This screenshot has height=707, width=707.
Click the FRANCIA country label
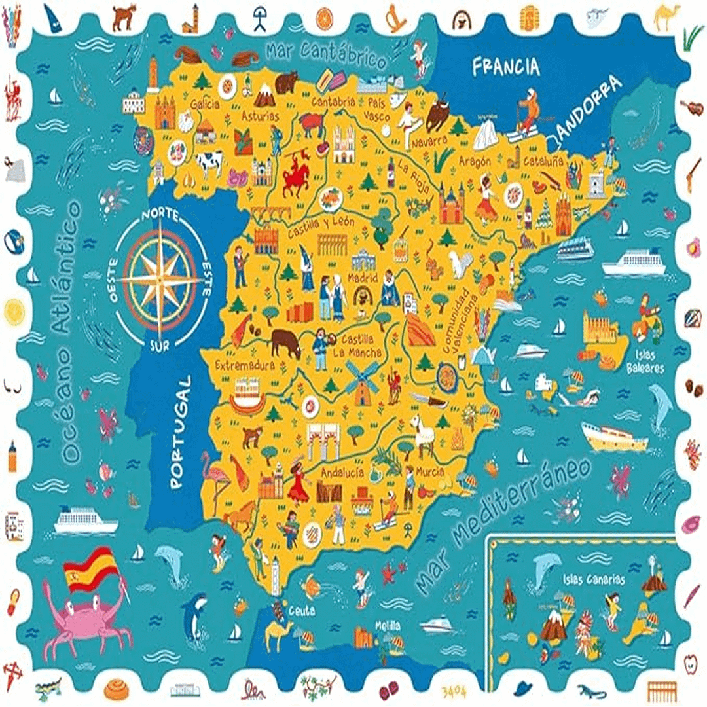coord(506,66)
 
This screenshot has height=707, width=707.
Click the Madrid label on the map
coord(363,278)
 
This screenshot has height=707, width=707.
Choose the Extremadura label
coord(244,365)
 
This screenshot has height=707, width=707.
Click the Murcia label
coord(429,471)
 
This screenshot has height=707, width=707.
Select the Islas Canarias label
coord(593,579)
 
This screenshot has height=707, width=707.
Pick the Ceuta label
coord(301,611)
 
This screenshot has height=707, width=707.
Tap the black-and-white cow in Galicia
coord(209,162)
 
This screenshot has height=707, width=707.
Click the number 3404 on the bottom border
coord(454,690)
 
